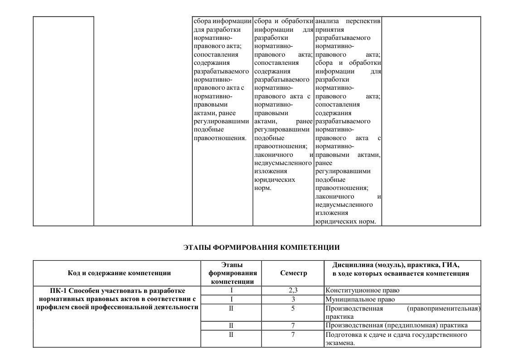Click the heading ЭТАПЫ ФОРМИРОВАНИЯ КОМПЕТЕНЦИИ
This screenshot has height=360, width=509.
point(262,248)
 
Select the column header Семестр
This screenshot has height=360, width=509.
point(293,273)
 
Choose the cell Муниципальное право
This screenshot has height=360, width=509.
point(360,299)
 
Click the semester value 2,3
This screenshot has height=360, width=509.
point(293,290)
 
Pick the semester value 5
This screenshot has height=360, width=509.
point(293,308)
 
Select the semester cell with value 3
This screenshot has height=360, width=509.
point(293,299)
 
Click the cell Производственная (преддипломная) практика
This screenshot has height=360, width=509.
point(396,325)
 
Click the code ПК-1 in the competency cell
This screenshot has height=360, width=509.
point(59,290)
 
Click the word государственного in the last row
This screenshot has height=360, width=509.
point(440,335)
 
